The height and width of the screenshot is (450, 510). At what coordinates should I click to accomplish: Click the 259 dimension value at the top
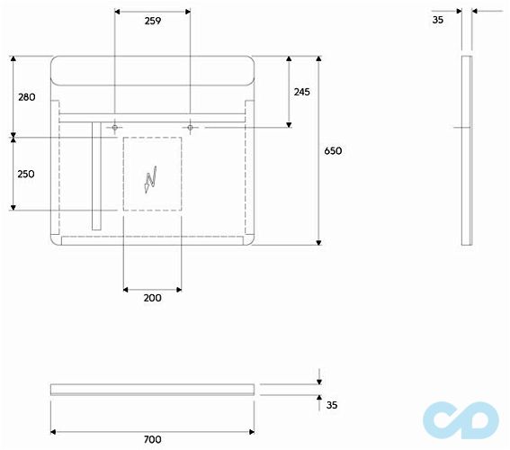pos(152,22)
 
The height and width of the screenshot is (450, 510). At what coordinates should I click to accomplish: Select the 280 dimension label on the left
pos(26,96)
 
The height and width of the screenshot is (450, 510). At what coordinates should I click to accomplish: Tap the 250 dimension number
pos(26,174)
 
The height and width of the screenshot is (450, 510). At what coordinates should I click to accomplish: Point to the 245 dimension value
pos(301,92)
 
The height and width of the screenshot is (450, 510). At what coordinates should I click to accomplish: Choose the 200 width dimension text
pos(152,298)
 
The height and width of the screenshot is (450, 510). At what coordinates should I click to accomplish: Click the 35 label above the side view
pos(437,18)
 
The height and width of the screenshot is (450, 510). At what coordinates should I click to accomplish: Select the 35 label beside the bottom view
pos(331,406)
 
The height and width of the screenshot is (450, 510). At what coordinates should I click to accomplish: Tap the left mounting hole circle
pos(115,129)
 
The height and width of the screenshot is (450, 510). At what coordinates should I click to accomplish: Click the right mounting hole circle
pos(191,129)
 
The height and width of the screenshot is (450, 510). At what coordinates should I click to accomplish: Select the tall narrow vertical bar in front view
pos(95,175)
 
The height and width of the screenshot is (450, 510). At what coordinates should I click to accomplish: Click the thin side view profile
pos(466,150)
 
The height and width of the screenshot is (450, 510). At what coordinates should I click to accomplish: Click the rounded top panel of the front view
pos(152,70)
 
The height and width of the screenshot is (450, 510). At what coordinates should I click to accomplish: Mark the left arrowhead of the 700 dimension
pos(54,430)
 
